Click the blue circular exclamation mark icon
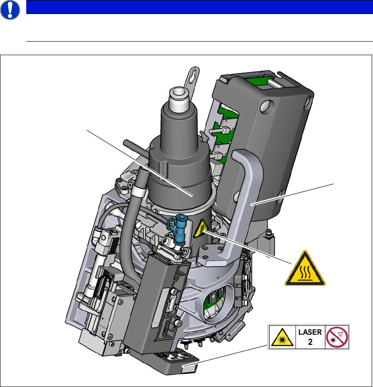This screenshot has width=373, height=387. coord(10,10)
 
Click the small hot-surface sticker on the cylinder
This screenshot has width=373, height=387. coord(202,229)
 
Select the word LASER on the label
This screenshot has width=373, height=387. coord(310,332)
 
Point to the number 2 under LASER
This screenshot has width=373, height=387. coord(310,342)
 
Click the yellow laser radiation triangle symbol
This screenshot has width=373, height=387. coord(282,338)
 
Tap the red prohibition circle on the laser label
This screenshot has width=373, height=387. coord(337,337)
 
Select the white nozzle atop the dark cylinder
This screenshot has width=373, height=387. coord(179,99)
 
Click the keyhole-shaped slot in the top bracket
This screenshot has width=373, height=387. coord(193,76)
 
